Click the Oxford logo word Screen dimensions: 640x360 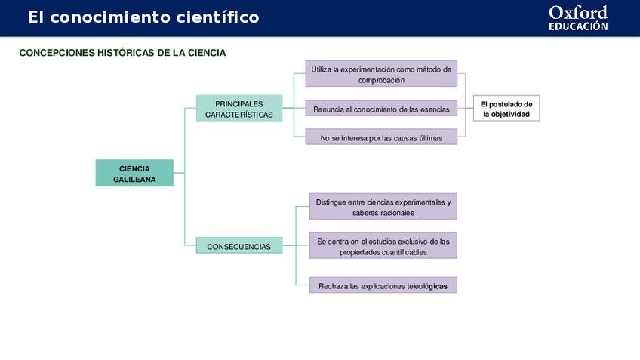(577, 13)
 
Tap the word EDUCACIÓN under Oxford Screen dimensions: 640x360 (578, 26)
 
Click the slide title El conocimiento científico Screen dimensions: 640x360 (143, 17)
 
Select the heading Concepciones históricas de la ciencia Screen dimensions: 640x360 (122, 53)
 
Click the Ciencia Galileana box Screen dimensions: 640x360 (134, 173)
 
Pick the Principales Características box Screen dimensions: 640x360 (238, 109)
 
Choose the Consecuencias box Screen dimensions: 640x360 (238, 246)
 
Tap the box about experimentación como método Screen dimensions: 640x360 (381, 74)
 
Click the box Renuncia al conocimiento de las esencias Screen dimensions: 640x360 (381, 109)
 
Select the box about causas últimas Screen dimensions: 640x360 (381, 137)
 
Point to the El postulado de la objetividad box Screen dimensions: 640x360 (506, 109)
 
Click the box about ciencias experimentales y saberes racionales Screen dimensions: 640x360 (383, 207)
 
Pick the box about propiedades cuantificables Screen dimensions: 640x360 (383, 246)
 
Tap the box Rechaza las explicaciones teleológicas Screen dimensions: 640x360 (383, 286)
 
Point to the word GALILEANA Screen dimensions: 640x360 (134, 180)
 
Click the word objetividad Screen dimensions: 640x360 (511, 115)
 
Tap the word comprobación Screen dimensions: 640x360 (381, 80)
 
